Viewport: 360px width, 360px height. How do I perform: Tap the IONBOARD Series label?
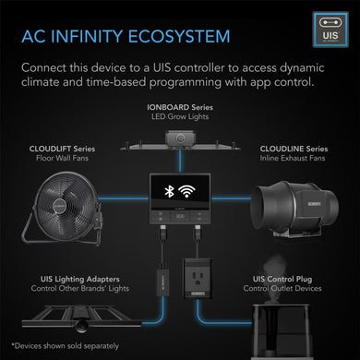pos(180,109)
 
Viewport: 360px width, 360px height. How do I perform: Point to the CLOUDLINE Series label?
pos(292,145)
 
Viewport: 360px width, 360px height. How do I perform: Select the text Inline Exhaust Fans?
pos(292,157)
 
